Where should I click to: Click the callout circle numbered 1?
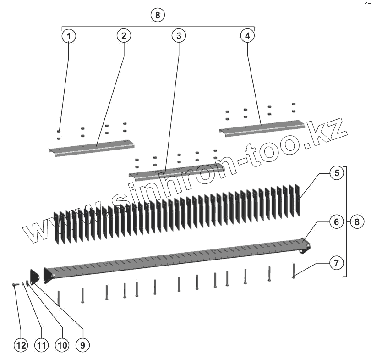click(x=69, y=36)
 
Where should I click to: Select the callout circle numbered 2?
click(x=124, y=36)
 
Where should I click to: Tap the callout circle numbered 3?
click(x=179, y=36)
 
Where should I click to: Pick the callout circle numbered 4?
click(x=247, y=36)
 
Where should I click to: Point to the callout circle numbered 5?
click(x=337, y=173)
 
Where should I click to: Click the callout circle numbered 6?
click(x=337, y=222)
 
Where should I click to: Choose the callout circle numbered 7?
click(x=337, y=263)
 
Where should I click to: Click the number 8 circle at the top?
click(x=158, y=15)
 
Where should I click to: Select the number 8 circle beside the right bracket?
click(x=357, y=222)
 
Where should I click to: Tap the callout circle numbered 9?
click(x=82, y=345)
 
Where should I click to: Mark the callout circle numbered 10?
click(x=62, y=345)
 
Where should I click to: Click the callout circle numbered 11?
click(x=42, y=345)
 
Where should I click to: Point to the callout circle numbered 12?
click(x=21, y=345)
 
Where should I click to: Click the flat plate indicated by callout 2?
click(x=92, y=148)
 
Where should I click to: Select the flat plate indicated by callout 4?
click(x=262, y=128)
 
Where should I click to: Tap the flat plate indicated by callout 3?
click(x=177, y=172)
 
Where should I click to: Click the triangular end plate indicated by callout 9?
click(x=34, y=276)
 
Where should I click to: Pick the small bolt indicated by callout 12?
click(x=16, y=284)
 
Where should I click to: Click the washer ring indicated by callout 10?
click(x=27, y=282)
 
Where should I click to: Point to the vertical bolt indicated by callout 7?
click(x=294, y=271)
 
